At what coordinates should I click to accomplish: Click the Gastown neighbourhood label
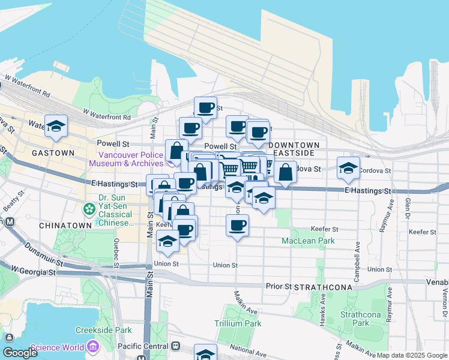click(54, 153)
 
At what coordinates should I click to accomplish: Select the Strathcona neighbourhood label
click(324, 287)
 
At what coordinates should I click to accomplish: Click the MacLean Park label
click(309, 241)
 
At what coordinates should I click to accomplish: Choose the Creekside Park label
click(103, 331)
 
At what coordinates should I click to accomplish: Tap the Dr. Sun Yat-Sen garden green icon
click(89, 209)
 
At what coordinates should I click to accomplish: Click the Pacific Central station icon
click(176, 346)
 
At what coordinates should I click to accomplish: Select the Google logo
click(20, 353)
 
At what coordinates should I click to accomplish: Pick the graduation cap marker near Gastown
click(56, 125)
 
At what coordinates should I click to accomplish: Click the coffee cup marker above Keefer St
click(237, 226)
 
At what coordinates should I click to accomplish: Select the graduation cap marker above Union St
click(167, 241)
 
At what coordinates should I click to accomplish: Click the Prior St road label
click(279, 287)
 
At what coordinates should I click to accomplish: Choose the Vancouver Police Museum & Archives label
click(127, 159)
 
